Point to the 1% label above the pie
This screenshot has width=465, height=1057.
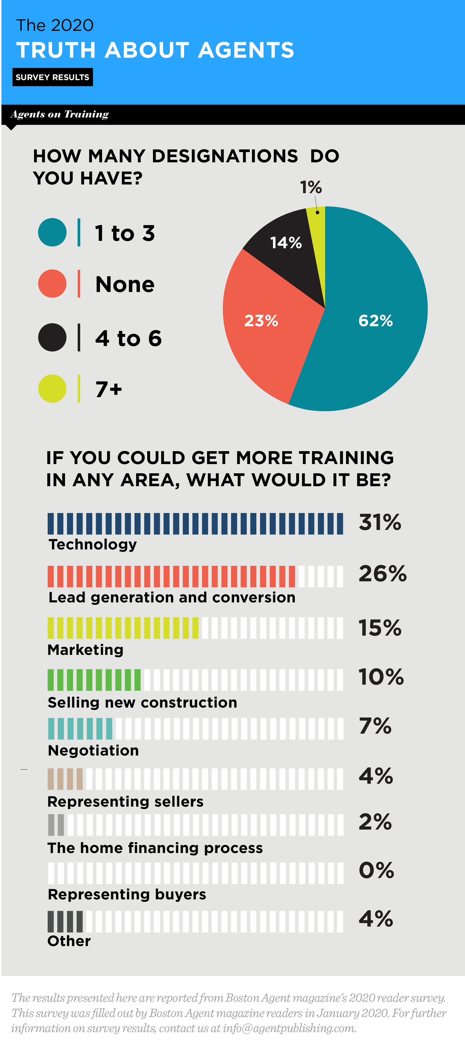click(x=310, y=188)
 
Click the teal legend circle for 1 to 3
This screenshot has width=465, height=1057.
click(x=52, y=232)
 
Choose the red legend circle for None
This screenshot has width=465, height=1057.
click(x=52, y=284)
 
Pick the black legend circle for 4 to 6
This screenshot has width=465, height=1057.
click(x=52, y=337)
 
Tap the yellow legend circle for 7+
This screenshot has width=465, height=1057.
click(x=52, y=389)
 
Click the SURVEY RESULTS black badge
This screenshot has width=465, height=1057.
click(x=52, y=77)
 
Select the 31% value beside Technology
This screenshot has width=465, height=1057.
click(x=380, y=522)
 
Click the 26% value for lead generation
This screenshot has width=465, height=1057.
click(x=382, y=574)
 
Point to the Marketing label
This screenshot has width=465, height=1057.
click(x=85, y=650)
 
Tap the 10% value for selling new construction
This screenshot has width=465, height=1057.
click(x=381, y=677)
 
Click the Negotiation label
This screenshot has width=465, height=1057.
click(x=93, y=751)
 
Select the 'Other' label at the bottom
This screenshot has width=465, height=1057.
click(x=69, y=941)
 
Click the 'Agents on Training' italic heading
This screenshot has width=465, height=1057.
click(x=60, y=114)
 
